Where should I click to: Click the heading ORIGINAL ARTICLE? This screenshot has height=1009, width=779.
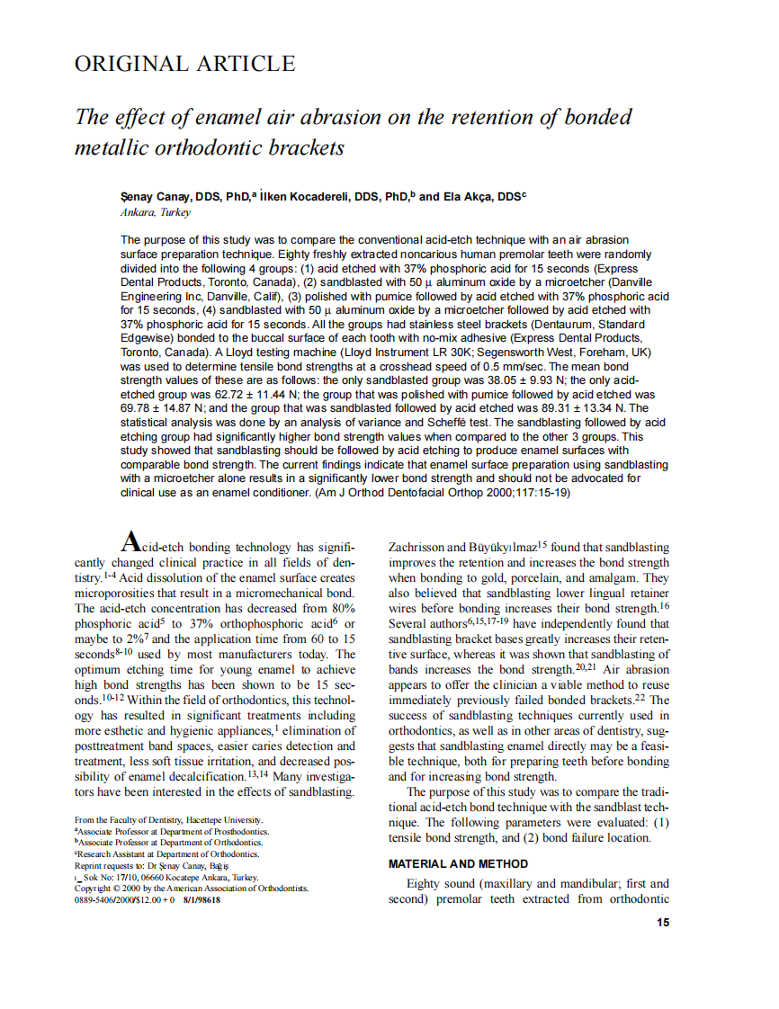tap(184, 64)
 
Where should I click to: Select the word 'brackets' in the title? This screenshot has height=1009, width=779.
tap(305, 147)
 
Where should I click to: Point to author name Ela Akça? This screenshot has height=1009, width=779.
tap(467, 196)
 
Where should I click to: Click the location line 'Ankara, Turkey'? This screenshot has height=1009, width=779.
tap(155, 213)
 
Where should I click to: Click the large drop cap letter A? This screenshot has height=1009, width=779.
tap(130, 541)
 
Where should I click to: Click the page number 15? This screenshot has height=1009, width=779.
tap(662, 922)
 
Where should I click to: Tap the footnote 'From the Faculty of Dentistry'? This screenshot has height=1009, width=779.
tap(169, 819)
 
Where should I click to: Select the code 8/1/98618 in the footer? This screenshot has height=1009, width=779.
tap(201, 898)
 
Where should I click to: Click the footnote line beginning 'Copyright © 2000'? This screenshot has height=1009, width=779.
tap(191, 888)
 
